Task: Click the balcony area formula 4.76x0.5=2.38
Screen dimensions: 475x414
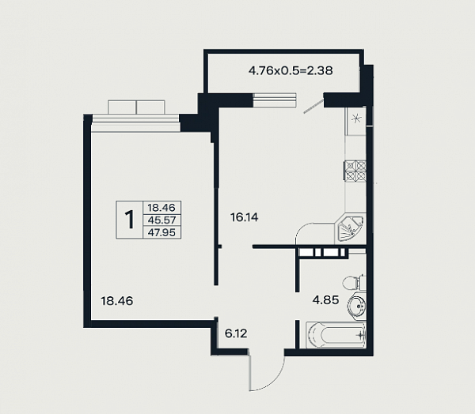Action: [291, 71]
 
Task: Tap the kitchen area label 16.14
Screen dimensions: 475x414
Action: [244, 217]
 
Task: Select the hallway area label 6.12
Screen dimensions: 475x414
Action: [236, 333]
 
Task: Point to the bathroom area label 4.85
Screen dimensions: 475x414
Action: [325, 300]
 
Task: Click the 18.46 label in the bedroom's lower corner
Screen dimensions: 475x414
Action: [117, 301]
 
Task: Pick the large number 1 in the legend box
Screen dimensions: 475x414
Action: [129, 220]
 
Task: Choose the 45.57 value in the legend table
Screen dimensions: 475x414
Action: [161, 220]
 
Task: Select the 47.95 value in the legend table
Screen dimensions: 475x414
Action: [161, 232]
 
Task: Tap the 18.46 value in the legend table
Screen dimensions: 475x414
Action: [161, 208]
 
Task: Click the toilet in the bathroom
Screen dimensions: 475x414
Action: [354, 282]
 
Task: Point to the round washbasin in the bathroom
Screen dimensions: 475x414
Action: [357, 306]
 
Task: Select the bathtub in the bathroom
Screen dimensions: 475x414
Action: [336, 335]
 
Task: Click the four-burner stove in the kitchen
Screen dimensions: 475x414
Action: [355, 171]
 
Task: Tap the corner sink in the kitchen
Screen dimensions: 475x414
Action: [350, 228]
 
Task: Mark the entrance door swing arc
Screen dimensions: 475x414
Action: [268, 375]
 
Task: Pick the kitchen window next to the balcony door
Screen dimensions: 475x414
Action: [274, 100]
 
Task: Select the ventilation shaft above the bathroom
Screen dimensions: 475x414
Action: [322, 253]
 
